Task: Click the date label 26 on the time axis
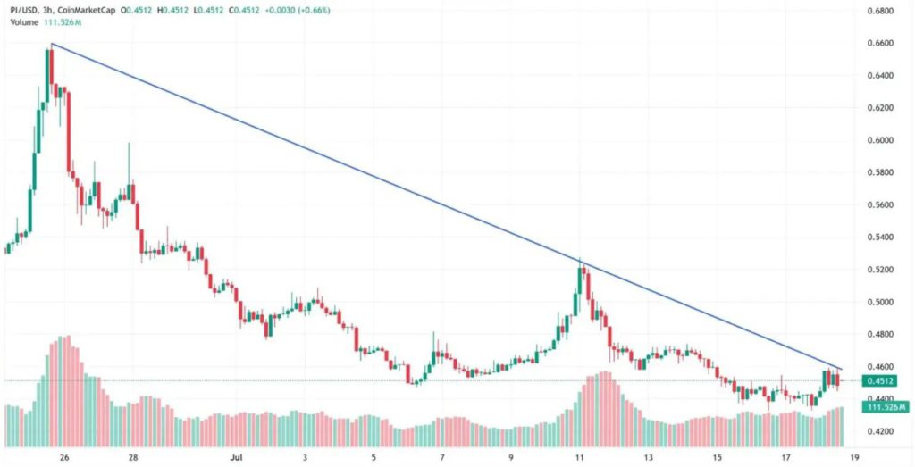[x=64, y=456]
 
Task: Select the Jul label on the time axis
[x=236, y=456]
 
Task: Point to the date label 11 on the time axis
[x=579, y=456]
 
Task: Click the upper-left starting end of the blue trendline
[x=52, y=44]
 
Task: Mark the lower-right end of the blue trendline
[x=842, y=368]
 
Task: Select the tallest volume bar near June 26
[x=65, y=338]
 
